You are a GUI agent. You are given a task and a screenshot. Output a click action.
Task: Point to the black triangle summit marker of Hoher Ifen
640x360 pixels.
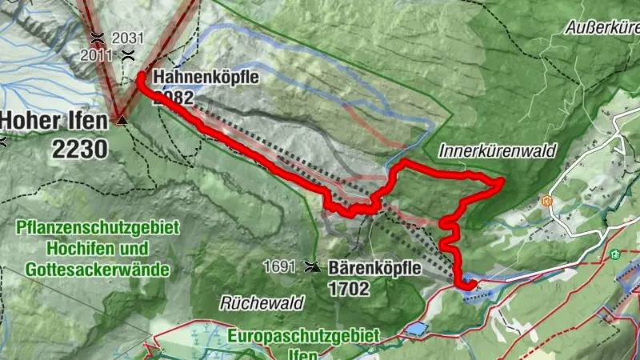(x=122, y=120)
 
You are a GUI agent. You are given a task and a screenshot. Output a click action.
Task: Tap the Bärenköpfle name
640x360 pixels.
(x=374, y=269)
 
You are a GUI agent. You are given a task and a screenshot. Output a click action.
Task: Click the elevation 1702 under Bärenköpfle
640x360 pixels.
(x=349, y=289)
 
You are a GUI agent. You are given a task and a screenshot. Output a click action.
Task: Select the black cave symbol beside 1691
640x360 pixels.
(x=311, y=267)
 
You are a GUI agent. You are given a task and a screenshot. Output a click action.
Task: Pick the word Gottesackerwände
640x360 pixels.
(x=97, y=269)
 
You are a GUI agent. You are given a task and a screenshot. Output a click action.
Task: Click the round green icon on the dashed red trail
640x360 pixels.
(x=614, y=255)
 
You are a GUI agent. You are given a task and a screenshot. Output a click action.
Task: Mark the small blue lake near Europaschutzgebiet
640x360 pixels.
(x=416, y=329)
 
